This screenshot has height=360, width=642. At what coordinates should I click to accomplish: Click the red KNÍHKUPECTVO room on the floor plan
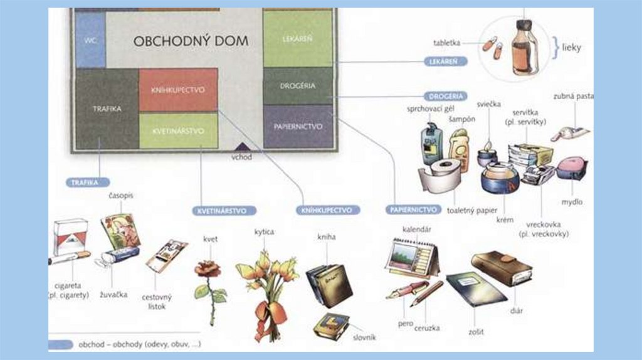point(178,90)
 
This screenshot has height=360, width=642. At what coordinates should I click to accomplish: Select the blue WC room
point(89,40)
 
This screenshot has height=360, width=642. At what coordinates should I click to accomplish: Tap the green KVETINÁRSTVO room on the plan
point(178,130)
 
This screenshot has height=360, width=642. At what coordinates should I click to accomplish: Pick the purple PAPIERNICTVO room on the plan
point(298,126)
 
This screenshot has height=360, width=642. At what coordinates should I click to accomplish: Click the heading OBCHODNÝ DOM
point(191,41)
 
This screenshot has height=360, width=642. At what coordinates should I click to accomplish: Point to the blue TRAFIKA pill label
point(85,183)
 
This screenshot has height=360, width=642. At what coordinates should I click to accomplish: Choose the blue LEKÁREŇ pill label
point(439,61)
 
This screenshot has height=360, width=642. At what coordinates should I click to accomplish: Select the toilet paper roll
point(439,176)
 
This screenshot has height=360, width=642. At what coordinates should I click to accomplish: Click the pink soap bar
point(571,167)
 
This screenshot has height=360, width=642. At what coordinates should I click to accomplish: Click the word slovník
point(364,337)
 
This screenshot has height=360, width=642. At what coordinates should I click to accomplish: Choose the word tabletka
point(447,43)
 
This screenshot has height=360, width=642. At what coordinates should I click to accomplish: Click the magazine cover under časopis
point(120,230)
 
